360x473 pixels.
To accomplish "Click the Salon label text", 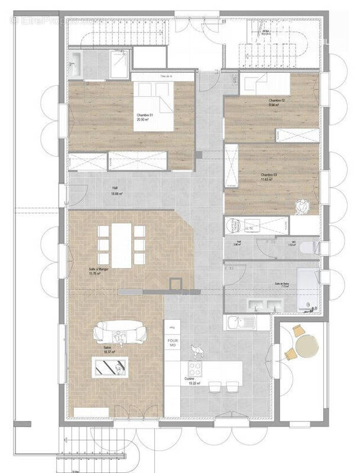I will (108, 349).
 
